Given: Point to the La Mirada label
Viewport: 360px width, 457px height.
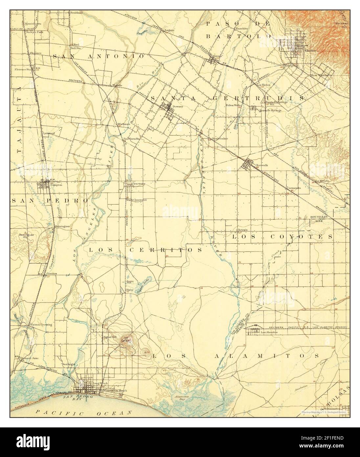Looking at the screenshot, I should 322,180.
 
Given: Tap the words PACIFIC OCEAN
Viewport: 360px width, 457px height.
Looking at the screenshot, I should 84,412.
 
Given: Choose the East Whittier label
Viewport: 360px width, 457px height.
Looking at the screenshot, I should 320,75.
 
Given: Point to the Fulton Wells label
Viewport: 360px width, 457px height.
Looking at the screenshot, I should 233,105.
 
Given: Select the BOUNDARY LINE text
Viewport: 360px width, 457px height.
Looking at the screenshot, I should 319,219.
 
